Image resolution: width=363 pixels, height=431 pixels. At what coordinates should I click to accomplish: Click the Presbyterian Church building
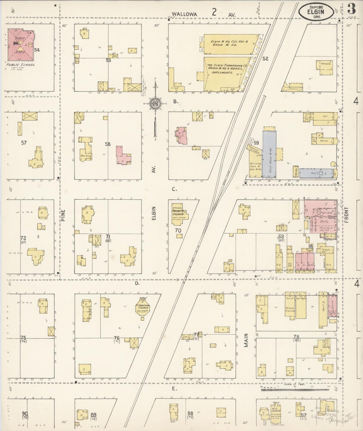coord(180,214)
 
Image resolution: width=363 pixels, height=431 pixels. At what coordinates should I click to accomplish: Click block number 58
coord(108,144)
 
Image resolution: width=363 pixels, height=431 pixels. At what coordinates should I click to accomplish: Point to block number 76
coord(117,338)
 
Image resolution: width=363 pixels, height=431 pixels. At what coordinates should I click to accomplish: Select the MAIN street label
coord(246,340)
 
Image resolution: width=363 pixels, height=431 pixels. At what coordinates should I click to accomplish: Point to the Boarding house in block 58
coord(86,150)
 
